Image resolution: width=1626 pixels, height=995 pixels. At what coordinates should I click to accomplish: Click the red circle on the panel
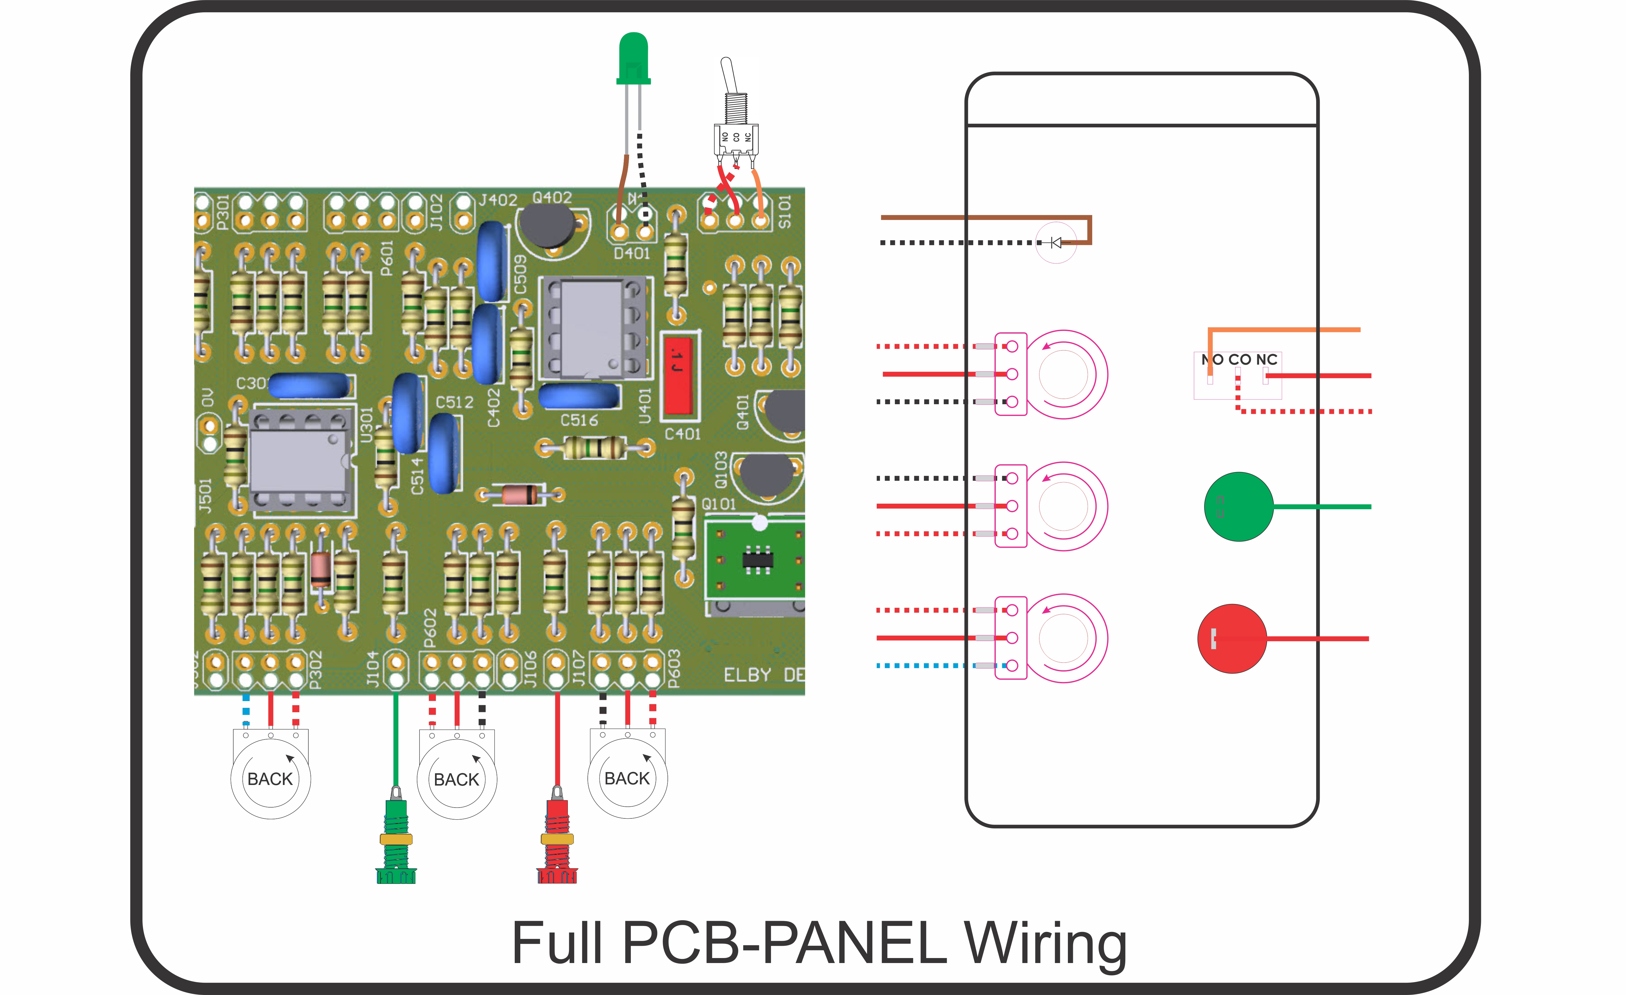[1231, 639]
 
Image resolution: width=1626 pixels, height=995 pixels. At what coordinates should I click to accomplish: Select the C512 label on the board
[455, 402]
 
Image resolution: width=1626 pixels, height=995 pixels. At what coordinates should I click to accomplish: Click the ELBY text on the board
[747, 675]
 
